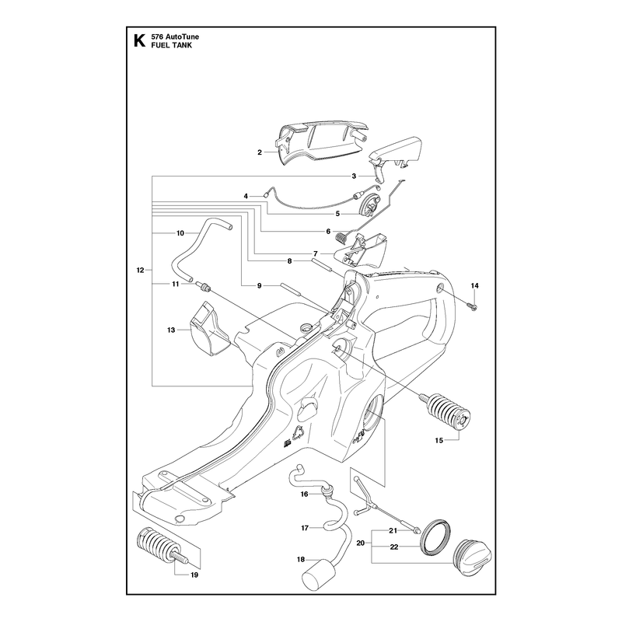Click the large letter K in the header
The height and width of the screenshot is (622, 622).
[x=139, y=41]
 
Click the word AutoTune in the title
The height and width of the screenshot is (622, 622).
[x=183, y=37]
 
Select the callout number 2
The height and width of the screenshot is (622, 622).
[x=260, y=152]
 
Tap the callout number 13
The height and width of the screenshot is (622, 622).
[x=171, y=330]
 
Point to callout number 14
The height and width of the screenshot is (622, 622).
[x=475, y=285]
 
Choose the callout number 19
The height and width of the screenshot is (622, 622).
[x=194, y=575]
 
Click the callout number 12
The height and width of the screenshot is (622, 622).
[x=140, y=270]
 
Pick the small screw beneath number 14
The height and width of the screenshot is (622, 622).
[x=473, y=306]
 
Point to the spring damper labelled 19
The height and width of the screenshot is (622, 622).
[x=161, y=545]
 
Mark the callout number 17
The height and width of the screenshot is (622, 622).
[x=305, y=528]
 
